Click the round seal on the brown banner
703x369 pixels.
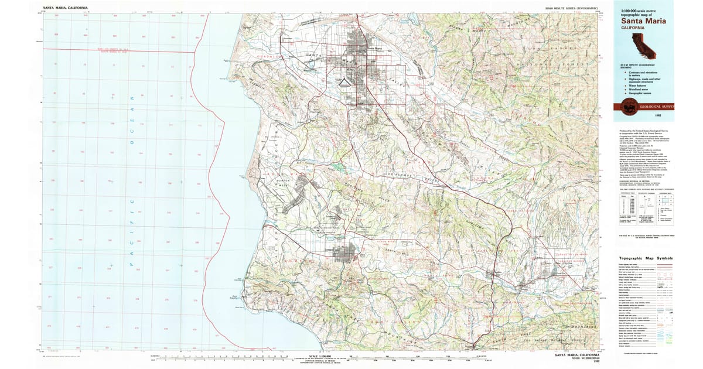(631, 107)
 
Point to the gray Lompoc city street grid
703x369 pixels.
(345, 254)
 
